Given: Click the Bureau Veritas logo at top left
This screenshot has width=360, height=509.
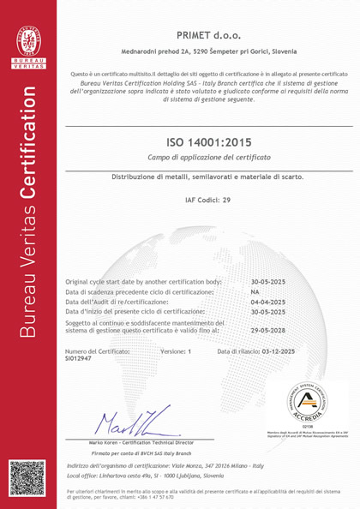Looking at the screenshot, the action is click(27, 42).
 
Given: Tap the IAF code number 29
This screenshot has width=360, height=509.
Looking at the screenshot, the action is click(227, 199).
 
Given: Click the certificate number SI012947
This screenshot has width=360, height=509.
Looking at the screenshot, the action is click(80, 359).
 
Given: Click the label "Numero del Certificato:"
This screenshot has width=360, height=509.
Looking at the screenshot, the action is click(98, 351).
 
